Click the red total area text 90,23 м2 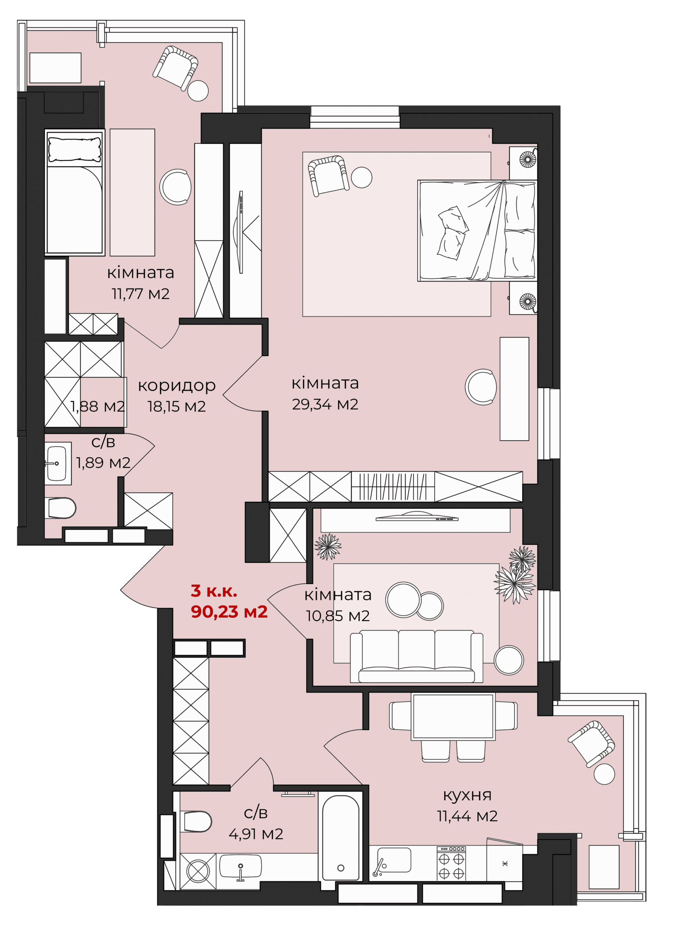pos(229,612)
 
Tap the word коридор pos(177,386)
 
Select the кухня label pos(467,795)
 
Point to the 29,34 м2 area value pos(325,404)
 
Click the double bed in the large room pos(477,230)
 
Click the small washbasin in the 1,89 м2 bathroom pos(57,463)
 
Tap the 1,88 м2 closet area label pos(97,407)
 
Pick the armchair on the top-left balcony pos(176,67)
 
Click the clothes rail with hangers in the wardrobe pos(392,487)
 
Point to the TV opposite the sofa pos(417,517)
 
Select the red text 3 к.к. pos(214,591)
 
